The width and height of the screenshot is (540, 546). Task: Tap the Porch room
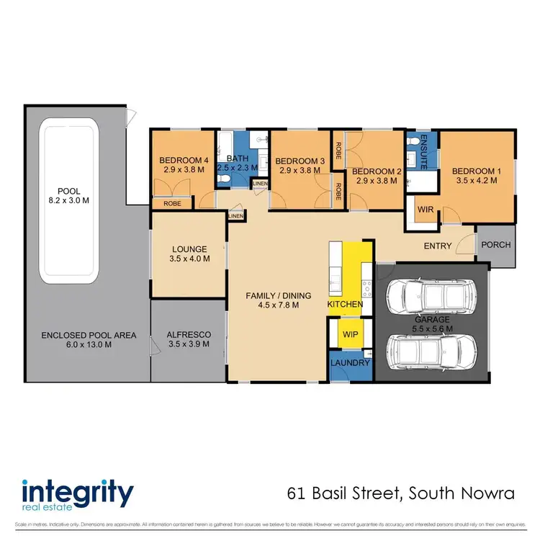click(495, 245)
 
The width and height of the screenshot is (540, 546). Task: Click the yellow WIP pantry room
click(350, 335)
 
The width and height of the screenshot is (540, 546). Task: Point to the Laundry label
click(350, 363)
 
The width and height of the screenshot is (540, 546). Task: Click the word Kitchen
click(345, 305)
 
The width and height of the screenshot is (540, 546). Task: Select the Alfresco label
click(188, 334)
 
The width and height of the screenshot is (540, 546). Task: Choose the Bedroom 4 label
click(182, 160)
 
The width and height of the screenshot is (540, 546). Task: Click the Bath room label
click(237, 158)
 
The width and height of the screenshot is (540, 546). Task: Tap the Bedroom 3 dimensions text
click(298, 171)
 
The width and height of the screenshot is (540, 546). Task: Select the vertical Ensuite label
click(424, 152)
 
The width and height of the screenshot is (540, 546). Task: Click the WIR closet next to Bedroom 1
click(425, 210)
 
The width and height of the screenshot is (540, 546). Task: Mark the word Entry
click(438, 246)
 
